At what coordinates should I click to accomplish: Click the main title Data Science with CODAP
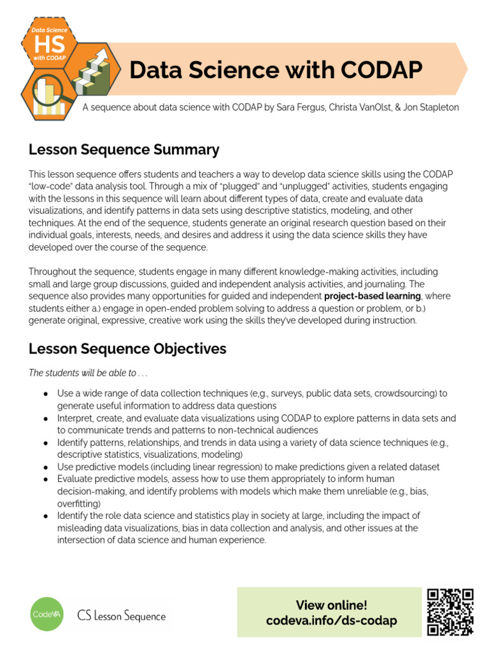pos(276,70)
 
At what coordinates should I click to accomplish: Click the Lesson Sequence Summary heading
pos(124,150)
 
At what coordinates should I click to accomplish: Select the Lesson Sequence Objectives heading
pos(127,348)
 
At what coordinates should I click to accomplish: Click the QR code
pos(450,612)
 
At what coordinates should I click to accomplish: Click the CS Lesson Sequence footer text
pos(122,615)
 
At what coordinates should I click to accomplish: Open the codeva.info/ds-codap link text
pos(331,620)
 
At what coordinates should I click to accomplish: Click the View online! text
pos(331,605)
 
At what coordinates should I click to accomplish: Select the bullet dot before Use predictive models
pos(45,467)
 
